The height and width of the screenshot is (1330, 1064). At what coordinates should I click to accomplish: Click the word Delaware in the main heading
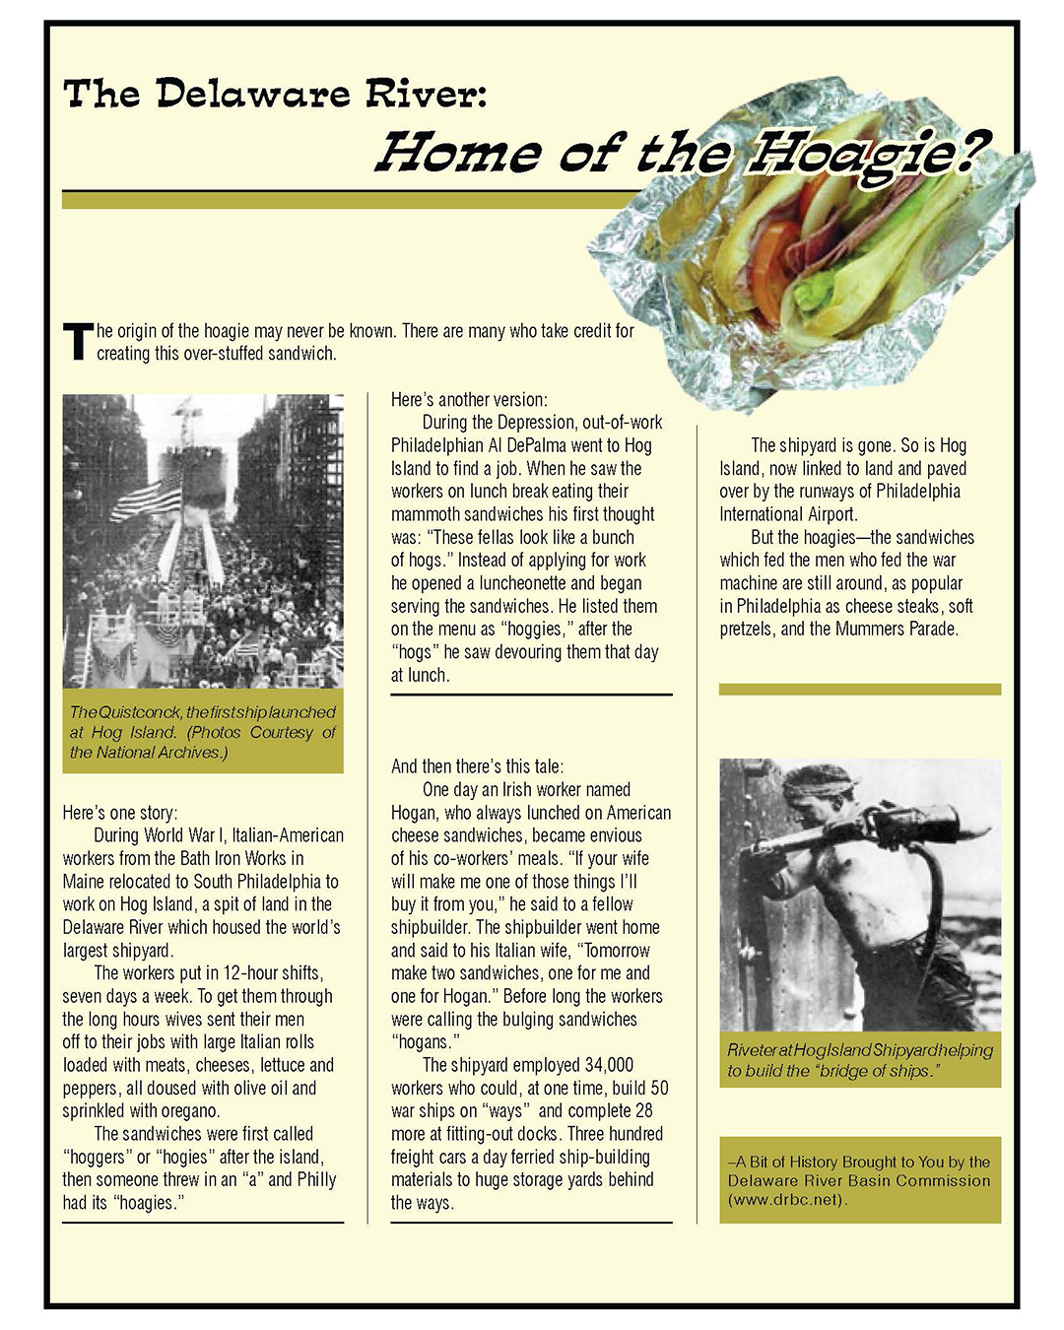(x=251, y=94)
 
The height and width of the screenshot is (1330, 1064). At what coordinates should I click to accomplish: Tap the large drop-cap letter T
(x=78, y=342)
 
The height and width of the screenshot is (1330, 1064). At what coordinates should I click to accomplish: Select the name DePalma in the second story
(x=536, y=445)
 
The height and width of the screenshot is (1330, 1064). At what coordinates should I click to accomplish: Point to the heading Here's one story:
(x=120, y=813)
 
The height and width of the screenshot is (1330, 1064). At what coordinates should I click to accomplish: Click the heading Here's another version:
(x=468, y=400)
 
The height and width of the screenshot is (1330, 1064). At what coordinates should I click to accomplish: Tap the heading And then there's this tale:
(x=477, y=766)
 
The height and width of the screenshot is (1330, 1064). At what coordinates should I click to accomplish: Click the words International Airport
(x=788, y=514)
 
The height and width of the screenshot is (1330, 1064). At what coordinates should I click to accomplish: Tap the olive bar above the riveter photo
(x=859, y=690)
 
